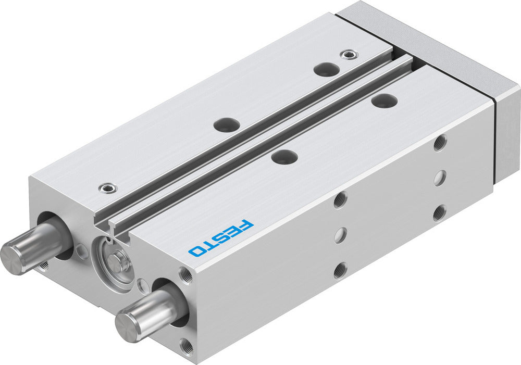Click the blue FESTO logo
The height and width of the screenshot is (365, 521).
[x=221, y=237]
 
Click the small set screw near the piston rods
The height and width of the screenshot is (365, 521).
[x=107, y=186]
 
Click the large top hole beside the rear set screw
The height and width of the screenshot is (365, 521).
[x=327, y=69]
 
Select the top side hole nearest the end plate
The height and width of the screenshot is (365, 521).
[x=440, y=142]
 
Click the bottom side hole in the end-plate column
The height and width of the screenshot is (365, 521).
[x=440, y=212]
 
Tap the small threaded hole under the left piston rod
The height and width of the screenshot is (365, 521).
[x=44, y=266]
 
